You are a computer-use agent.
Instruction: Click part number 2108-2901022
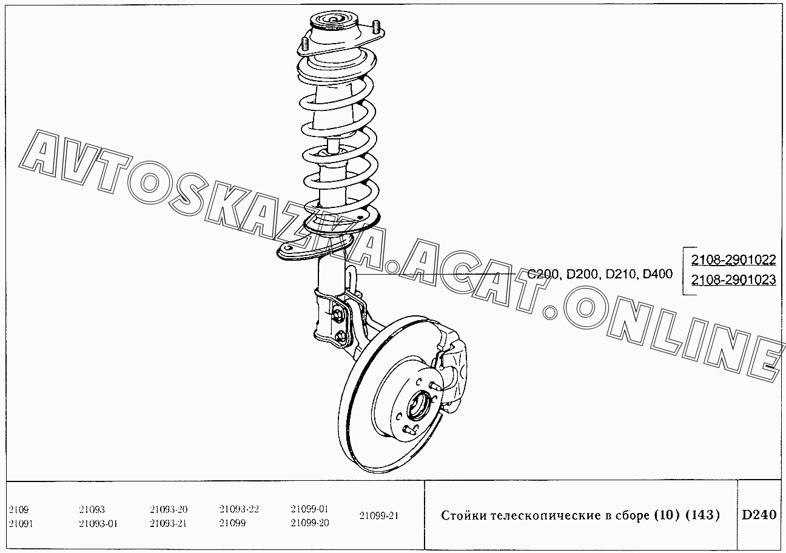733,260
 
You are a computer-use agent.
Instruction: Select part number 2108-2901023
733,280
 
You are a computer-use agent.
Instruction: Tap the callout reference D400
657,273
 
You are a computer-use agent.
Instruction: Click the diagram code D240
759,515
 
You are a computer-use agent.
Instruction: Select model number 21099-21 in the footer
379,515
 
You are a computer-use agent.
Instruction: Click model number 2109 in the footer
19,509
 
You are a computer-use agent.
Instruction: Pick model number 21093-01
98,523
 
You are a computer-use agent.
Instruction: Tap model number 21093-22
239,509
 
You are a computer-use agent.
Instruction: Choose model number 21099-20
310,523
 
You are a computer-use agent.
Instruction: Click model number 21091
21,523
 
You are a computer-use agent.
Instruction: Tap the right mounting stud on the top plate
376,26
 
